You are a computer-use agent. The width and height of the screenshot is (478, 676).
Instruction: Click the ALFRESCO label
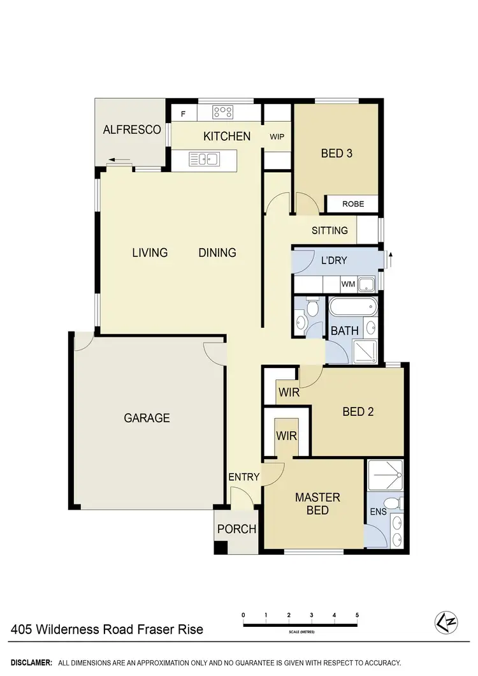click(x=132, y=129)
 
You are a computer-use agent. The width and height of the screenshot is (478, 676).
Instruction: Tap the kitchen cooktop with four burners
click(x=222, y=112)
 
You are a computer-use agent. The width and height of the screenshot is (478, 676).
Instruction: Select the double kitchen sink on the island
click(x=204, y=159)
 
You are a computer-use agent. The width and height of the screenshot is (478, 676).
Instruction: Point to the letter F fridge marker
click(x=184, y=115)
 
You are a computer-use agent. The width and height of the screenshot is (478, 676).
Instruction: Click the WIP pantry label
click(x=277, y=136)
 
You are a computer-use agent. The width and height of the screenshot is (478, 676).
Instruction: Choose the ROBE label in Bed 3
click(x=353, y=204)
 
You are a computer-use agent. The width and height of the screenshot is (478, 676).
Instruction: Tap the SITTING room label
click(x=330, y=230)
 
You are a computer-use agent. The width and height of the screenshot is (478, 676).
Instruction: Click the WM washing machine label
click(x=347, y=283)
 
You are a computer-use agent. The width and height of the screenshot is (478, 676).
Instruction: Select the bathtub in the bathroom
click(x=352, y=307)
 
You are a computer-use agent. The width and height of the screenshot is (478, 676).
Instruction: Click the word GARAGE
click(x=147, y=418)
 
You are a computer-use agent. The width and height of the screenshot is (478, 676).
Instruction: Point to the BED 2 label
click(x=358, y=411)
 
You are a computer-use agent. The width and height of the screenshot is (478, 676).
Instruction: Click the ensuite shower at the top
click(x=385, y=474)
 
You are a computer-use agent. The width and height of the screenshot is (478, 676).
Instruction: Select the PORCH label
click(x=236, y=529)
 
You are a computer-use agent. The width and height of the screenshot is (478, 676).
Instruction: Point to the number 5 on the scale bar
click(x=358, y=615)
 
